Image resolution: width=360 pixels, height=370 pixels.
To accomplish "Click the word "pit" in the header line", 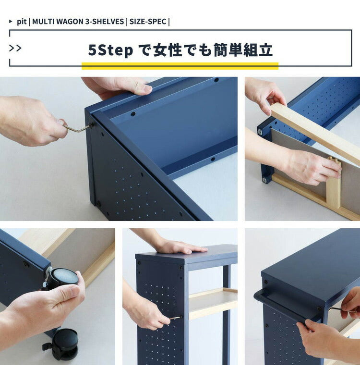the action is pyautogui.click(x=22, y=22).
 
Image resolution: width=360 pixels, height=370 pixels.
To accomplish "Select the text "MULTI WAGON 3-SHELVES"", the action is pyautogui.click(x=78, y=22).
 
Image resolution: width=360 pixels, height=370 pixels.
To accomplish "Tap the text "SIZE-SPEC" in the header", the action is pyautogui.click(x=147, y=22).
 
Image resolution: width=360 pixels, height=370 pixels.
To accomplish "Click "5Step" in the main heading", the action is pyautogui.click(x=110, y=50).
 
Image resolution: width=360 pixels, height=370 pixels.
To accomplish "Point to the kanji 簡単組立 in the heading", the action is pyautogui.click(x=243, y=50).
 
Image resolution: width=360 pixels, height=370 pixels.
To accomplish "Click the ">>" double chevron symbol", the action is pyautogui.click(x=15, y=48).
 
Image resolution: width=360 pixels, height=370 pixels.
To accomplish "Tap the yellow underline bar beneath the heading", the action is pyautogui.click(x=180, y=66).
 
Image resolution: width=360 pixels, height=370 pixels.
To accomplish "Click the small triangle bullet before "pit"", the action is pyautogui.click(x=11, y=22).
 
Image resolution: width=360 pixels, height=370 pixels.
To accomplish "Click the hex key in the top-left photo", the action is pyautogui.click(x=77, y=128).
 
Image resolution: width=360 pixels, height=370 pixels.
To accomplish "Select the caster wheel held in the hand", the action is pyautogui.click(x=62, y=278).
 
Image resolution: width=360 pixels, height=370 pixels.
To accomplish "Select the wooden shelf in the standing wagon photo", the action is pyautogui.click(x=213, y=303).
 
